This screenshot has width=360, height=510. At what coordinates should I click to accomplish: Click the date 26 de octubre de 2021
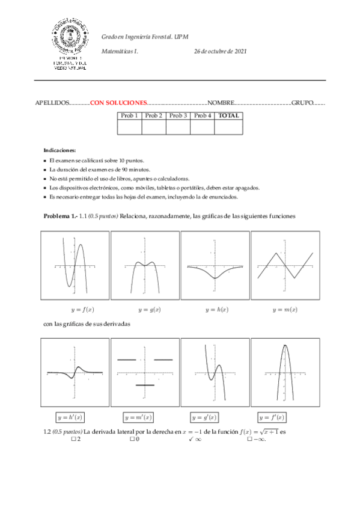[x=220, y=52]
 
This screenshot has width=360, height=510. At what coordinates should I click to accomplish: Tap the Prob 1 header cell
[x=129, y=115]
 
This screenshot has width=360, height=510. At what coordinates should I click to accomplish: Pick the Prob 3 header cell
[x=178, y=115]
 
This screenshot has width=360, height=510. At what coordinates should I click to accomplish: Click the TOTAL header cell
[x=229, y=115]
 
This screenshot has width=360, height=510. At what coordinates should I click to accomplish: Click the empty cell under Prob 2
[x=154, y=127]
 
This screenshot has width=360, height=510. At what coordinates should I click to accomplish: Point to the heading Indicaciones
[x=60, y=150]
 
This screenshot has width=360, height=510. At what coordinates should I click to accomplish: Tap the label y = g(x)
[x=149, y=310]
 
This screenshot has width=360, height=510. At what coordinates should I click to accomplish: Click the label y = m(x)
[x=285, y=310]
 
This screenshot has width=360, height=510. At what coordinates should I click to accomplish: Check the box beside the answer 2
[x=73, y=439]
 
